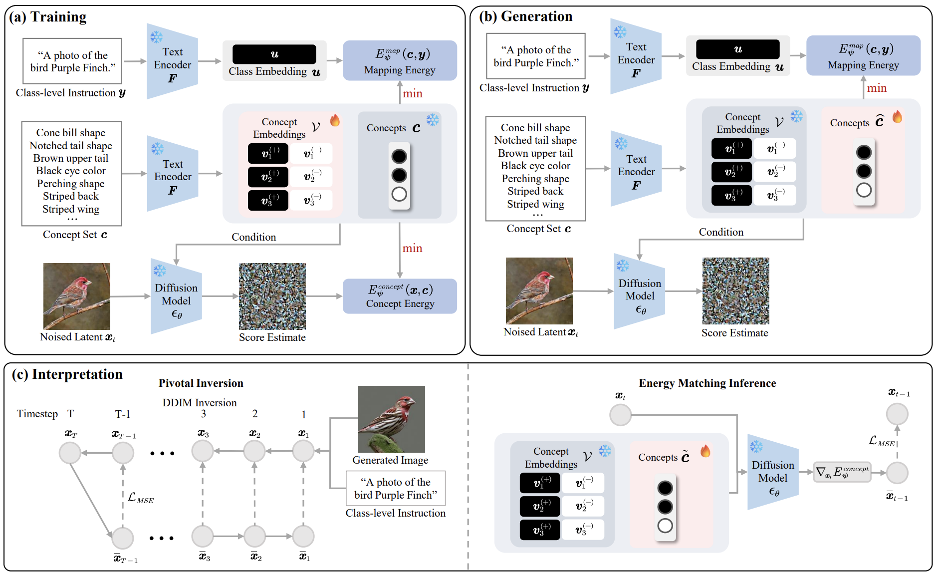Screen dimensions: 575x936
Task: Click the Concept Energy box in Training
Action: (400, 296)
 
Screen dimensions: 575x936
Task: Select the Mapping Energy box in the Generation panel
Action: (863, 55)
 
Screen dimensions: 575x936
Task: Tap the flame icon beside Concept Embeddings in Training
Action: (335, 120)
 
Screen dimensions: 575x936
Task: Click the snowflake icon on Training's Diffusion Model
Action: (160, 271)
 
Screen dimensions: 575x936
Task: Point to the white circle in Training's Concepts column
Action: (399, 194)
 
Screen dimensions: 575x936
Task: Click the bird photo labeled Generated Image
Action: (392, 419)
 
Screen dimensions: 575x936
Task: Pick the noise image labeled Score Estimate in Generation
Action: (735, 291)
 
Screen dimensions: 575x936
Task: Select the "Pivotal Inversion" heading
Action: (201, 383)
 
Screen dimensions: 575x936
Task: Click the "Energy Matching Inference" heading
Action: (707, 383)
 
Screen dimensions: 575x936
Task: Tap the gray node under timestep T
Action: (70, 453)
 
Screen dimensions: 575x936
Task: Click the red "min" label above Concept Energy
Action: (412, 249)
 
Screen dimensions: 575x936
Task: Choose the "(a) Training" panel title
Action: (48, 17)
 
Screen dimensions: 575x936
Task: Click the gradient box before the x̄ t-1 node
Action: (842, 472)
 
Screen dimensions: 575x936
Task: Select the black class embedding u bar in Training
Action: (274, 54)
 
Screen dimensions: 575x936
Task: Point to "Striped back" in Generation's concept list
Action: (535, 191)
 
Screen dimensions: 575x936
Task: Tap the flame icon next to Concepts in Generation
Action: (897, 117)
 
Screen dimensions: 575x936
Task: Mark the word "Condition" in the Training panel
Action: (253, 237)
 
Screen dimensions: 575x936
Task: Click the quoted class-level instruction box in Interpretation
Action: (396, 488)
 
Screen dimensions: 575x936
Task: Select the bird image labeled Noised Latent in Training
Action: (77, 296)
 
